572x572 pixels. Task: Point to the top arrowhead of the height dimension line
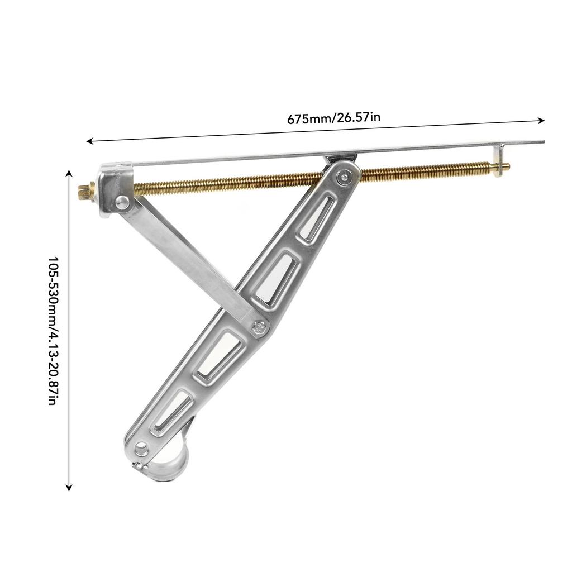[x=69, y=173]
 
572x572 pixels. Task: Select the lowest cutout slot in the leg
[x=170, y=413]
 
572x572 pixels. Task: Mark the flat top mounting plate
[x=335, y=152]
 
